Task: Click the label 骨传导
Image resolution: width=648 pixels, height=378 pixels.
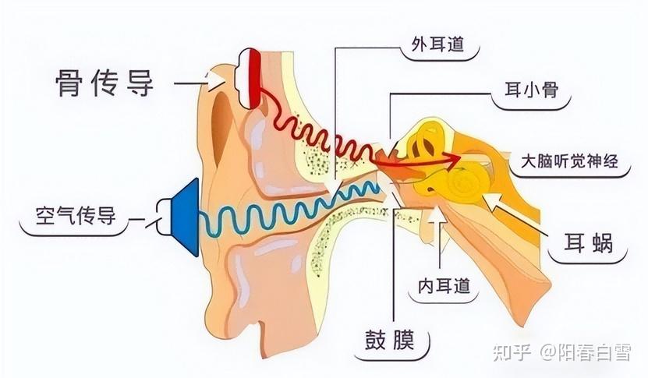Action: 105,83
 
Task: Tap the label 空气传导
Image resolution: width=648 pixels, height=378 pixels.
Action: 76,216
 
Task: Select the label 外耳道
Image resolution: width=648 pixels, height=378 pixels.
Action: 438,44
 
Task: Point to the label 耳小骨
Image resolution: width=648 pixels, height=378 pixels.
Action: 532,90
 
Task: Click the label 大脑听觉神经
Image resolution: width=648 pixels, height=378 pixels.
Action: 569,161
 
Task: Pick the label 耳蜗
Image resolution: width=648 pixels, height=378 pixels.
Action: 589,243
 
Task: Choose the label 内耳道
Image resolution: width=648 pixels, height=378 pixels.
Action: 444,286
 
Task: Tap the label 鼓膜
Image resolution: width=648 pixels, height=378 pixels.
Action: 390,340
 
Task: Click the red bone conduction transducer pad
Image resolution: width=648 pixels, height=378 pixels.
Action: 253,78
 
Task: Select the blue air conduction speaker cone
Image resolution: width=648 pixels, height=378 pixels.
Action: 185,217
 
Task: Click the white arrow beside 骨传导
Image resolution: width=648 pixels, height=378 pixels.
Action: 216,80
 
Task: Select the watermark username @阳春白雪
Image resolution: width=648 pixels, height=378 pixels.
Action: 586,354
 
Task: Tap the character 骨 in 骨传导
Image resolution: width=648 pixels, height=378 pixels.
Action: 69,83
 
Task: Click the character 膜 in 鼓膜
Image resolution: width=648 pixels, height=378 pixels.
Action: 403,340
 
